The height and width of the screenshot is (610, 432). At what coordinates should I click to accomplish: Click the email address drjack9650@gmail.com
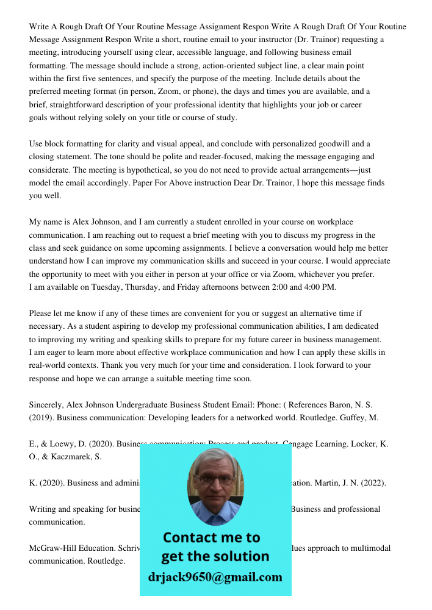coord(215,576)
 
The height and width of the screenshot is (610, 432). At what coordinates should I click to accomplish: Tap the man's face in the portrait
coord(215,483)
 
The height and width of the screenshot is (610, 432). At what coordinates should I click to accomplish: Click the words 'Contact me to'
coord(211,537)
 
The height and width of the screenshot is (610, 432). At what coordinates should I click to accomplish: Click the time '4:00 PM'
coord(320,287)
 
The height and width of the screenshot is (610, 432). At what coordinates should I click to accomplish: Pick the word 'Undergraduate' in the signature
coord(144,404)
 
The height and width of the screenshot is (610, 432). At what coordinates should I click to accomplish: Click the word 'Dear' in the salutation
coord(240,183)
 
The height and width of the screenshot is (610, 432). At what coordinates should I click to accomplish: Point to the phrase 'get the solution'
coord(215,556)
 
